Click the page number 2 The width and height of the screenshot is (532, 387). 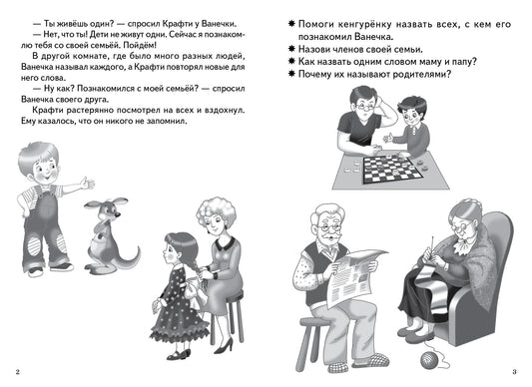click(18, 372)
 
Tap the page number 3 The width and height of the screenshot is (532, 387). click(514, 372)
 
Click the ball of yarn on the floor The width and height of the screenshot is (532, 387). click(430, 360)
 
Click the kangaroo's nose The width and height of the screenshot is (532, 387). click(118, 214)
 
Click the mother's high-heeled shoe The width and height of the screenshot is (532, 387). click(224, 346)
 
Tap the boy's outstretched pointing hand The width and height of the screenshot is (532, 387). click(88, 184)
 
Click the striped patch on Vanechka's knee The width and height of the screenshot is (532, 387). click(34, 246)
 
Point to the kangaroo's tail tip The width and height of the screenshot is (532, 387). click(138, 250)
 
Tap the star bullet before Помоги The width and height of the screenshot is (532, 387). click(291, 24)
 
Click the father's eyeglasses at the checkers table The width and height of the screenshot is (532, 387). click(364, 108)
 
